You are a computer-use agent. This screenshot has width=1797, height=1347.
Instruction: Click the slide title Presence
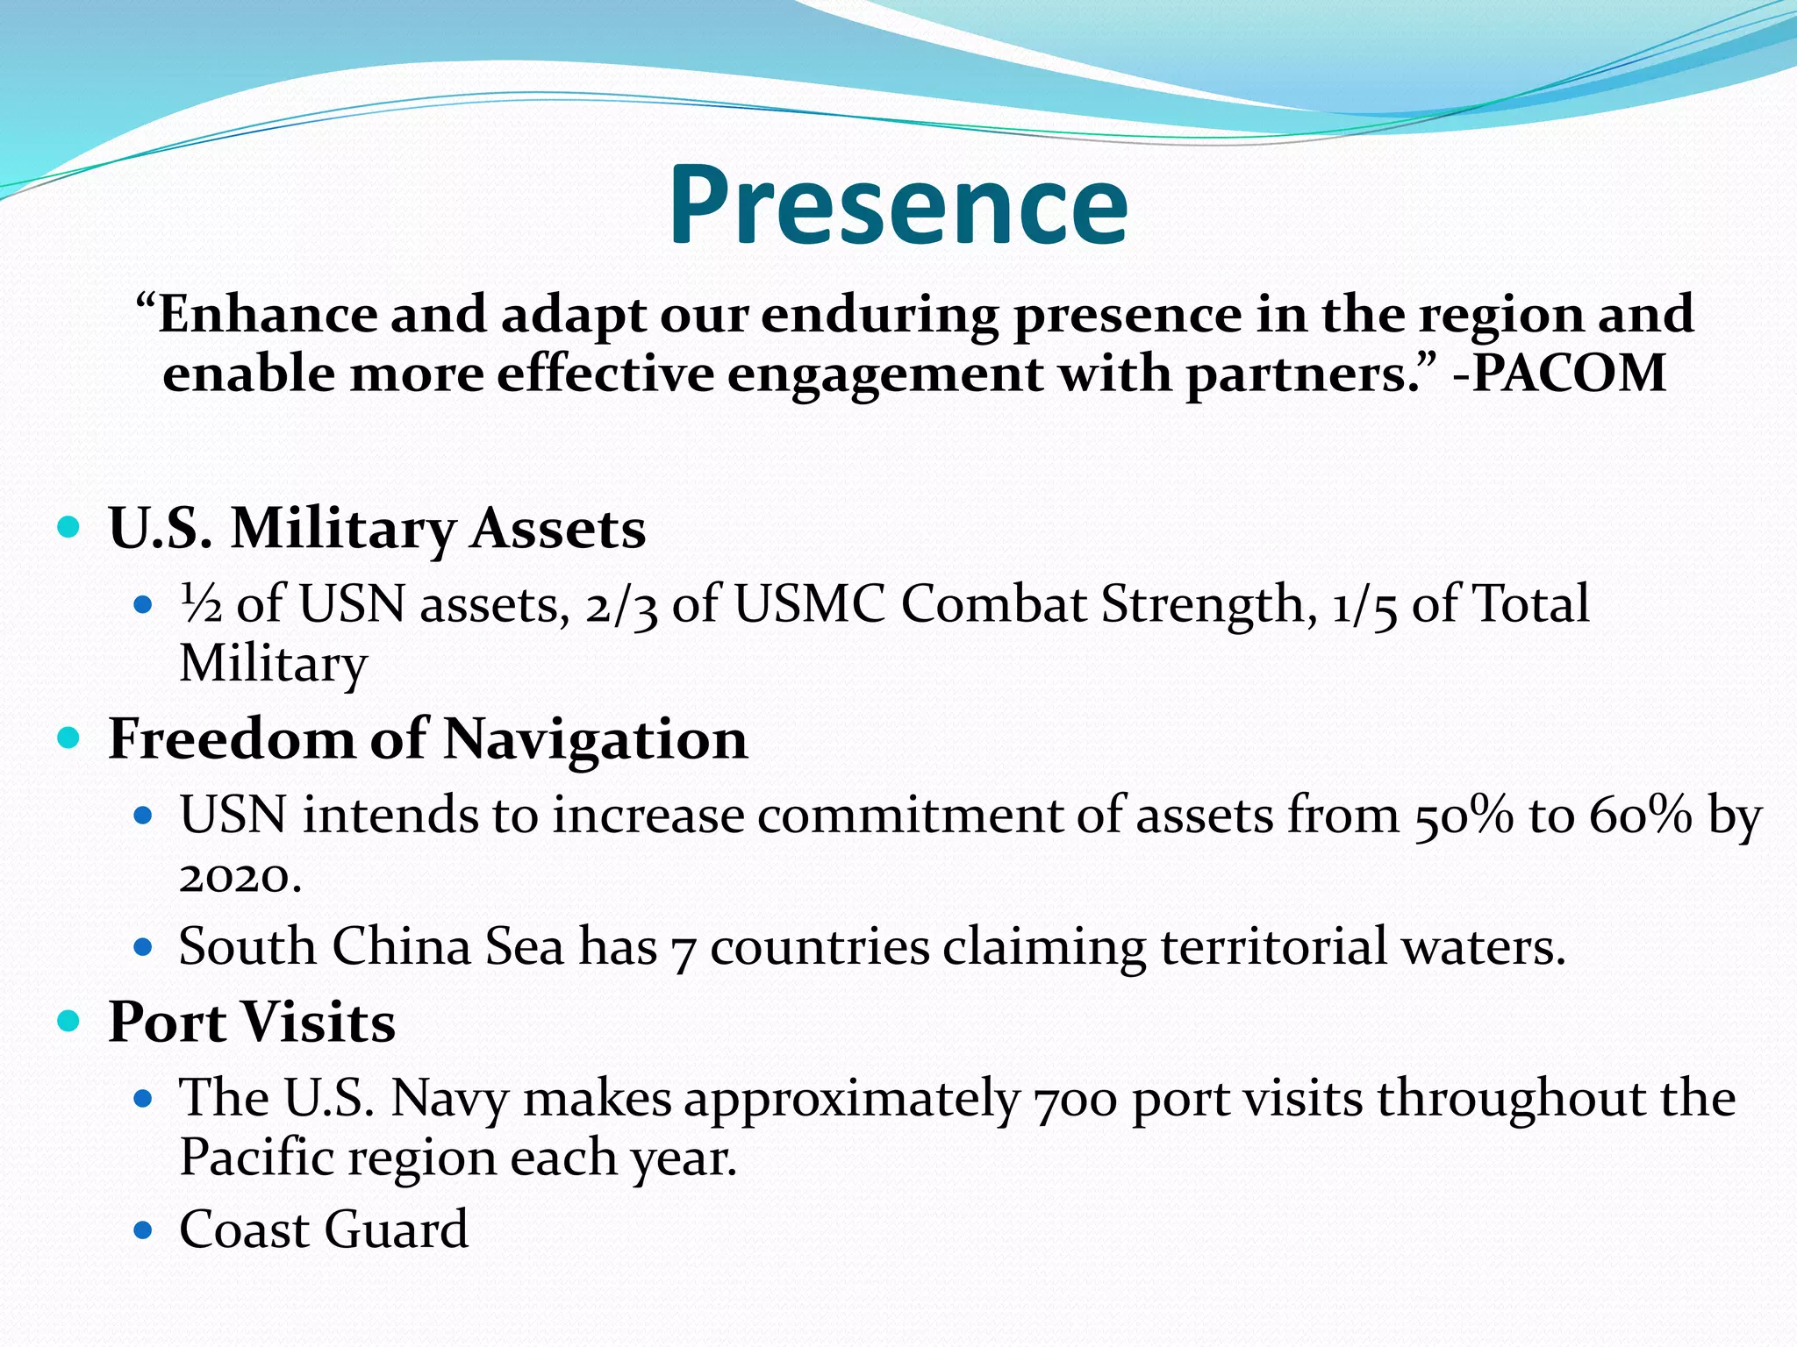tap(898, 205)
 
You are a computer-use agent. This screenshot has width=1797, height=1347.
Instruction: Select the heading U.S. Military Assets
tap(377, 529)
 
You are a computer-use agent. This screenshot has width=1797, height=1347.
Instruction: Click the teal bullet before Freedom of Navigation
tap(68, 738)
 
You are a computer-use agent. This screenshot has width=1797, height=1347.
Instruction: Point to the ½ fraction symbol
tap(201, 604)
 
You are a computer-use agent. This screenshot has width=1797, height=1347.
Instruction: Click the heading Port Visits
tap(252, 1023)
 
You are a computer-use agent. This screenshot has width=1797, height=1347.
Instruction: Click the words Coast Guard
tap(324, 1229)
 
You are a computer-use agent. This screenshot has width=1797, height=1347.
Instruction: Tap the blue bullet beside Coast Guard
tap(143, 1230)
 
